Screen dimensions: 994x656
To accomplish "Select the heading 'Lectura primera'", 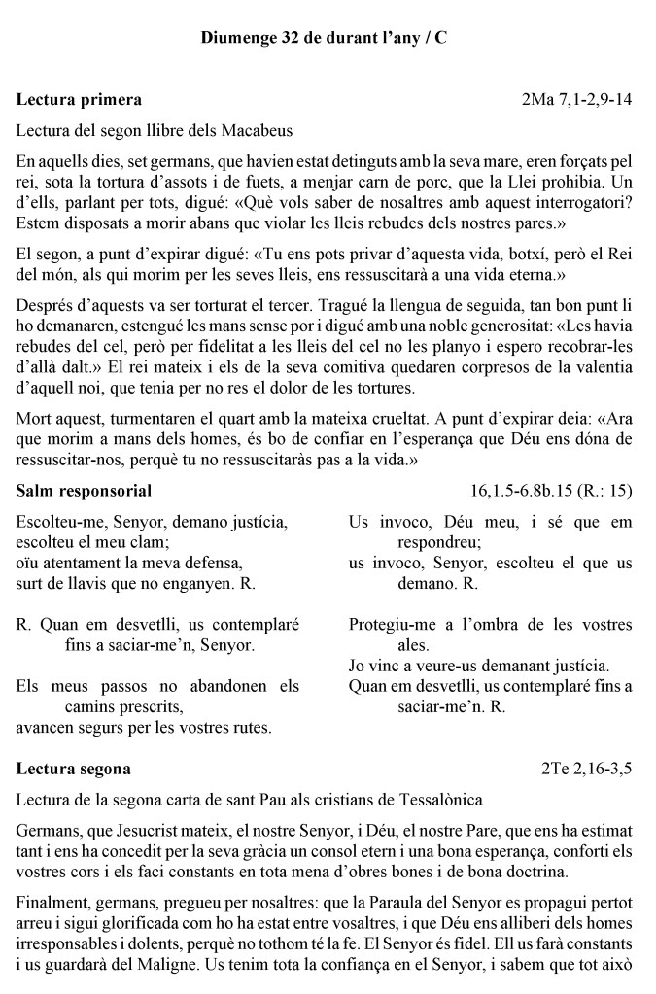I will tap(79, 99).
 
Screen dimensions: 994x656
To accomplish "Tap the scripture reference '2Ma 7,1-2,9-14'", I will tap(577, 99).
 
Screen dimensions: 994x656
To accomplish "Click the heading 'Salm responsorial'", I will tap(84, 491).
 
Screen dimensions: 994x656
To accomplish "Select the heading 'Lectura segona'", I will tap(74, 770).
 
